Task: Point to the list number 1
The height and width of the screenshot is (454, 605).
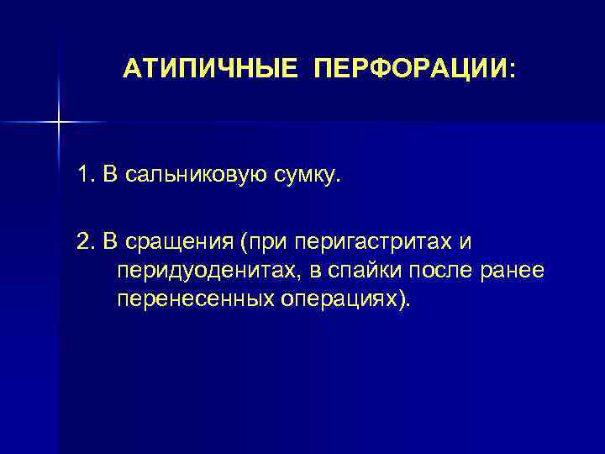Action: (84, 176)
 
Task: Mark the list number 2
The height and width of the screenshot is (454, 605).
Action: (85, 243)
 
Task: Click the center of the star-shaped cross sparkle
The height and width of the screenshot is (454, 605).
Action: (59, 123)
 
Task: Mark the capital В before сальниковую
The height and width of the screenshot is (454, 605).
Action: (109, 176)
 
